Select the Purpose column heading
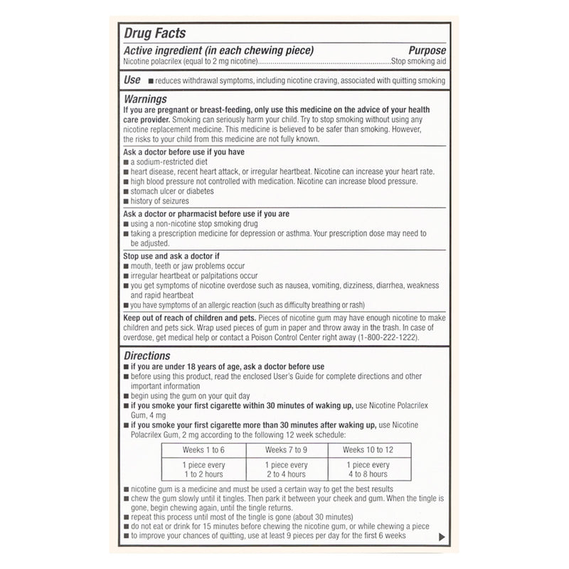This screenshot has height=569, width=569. click(x=427, y=50)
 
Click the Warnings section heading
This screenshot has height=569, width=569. click(x=145, y=99)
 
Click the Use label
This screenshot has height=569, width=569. click(x=132, y=80)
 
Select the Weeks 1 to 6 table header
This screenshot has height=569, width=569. click(x=203, y=450)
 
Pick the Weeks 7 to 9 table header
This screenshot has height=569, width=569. click(x=287, y=450)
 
